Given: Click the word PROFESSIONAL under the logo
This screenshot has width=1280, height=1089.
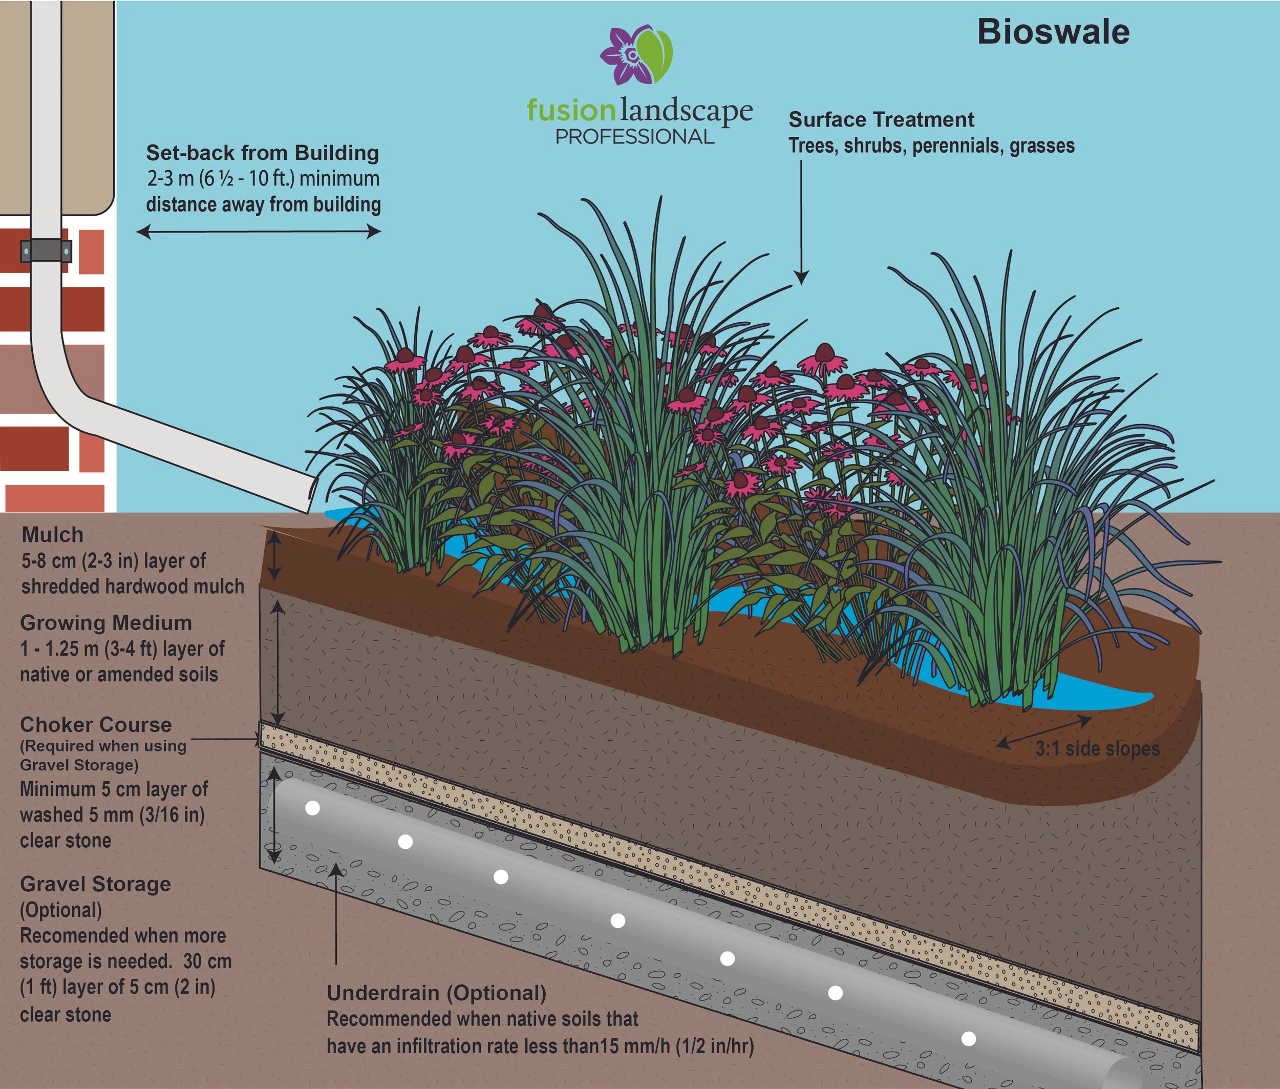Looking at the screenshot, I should click(x=634, y=136).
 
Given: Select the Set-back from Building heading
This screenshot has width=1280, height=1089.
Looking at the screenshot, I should click(x=262, y=153).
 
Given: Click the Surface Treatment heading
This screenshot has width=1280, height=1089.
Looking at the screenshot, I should click(x=881, y=119).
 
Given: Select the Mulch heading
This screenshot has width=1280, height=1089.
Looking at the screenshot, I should click(x=52, y=535).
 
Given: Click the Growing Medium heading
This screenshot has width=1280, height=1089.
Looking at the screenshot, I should click(x=105, y=623).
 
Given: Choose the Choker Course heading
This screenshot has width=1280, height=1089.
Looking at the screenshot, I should click(x=96, y=724).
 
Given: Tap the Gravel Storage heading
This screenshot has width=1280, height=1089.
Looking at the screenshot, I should click(x=96, y=884).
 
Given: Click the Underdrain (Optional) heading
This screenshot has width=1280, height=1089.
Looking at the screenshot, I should click(x=436, y=993).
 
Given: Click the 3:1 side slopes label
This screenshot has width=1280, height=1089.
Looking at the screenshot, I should click(x=1097, y=749).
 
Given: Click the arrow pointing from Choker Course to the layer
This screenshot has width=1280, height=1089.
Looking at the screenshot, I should click(x=225, y=738).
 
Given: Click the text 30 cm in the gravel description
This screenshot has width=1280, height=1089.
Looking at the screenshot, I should click(x=207, y=961).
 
